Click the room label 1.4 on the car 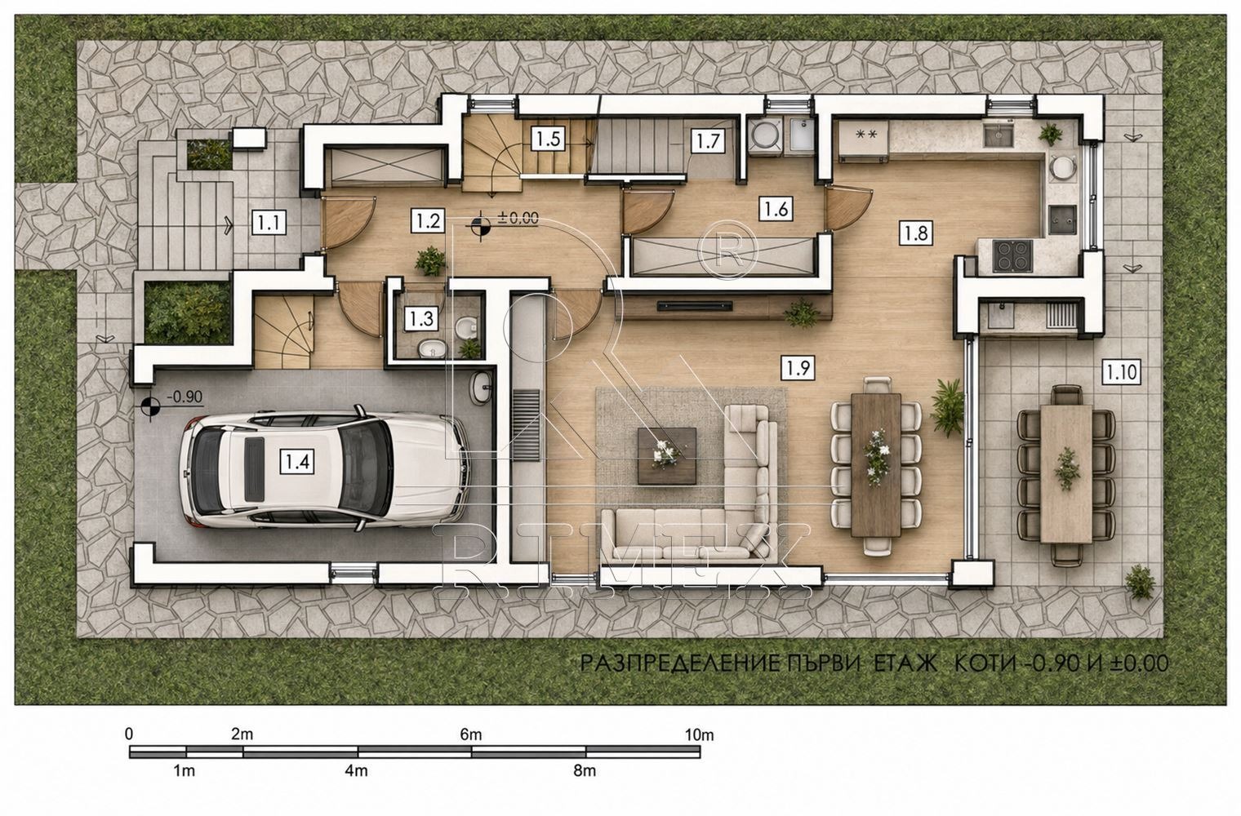(x=297, y=461)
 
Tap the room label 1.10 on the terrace (x=1121, y=371)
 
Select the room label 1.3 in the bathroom (x=421, y=318)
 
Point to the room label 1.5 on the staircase (x=549, y=139)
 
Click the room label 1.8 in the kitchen (x=916, y=233)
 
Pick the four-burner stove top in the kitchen (x=1012, y=255)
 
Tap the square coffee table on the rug (x=667, y=455)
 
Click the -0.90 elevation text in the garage (x=185, y=397)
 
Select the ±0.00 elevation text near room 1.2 (x=518, y=218)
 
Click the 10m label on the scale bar (x=699, y=735)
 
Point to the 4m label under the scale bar (x=356, y=770)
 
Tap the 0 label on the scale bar (x=129, y=734)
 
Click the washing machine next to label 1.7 (x=765, y=135)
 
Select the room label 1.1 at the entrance (x=269, y=223)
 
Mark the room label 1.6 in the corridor (x=776, y=209)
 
